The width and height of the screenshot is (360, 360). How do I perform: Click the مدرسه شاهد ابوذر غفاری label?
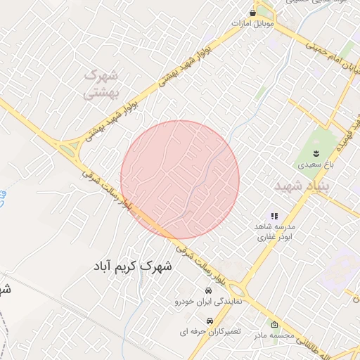click(274, 232)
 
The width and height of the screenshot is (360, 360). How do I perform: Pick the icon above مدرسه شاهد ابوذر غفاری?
click(274, 216)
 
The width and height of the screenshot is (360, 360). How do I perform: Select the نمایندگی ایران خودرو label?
click(208, 301)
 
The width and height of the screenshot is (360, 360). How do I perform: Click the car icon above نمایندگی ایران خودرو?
click(208, 290)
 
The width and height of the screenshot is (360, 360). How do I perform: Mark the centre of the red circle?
click(180, 179)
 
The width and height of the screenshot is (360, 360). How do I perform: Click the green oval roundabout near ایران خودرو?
click(238, 290)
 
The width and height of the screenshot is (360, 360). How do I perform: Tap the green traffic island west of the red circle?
click(69, 150)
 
